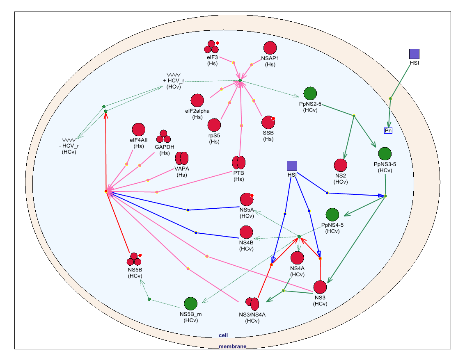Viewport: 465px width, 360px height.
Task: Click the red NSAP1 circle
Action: [x=270, y=48]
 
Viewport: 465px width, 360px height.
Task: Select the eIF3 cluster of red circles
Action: [x=211, y=47]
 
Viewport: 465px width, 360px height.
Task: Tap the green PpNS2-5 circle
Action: [x=310, y=93]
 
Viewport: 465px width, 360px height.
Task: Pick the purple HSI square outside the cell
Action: [x=414, y=54]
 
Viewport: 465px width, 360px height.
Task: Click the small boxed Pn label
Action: [x=388, y=130]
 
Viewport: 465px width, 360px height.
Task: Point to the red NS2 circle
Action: [x=340, y=165]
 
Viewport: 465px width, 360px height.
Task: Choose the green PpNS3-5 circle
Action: [x=385, y=154]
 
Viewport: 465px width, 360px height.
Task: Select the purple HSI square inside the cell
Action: [x=292, y=166]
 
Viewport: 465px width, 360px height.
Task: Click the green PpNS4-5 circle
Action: [x=332, y=214]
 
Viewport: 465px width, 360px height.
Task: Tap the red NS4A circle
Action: [x=297, y=258]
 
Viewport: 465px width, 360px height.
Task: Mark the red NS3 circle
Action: [x=320, y=287]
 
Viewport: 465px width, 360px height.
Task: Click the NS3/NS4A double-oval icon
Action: [x=252, y=304]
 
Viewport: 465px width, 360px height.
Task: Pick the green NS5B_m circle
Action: [x=190, y=304]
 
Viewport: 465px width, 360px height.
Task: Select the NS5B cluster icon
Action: [x=134, y=259]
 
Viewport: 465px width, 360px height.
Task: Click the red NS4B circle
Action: [x=246, y=232]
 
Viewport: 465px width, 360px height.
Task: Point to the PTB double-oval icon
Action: [x=238, y=163]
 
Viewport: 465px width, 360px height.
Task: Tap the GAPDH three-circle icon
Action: [x=164, y=137]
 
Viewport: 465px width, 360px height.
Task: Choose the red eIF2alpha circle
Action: [x=197, y=100]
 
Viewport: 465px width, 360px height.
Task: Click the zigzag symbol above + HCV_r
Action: [x=174, y=75]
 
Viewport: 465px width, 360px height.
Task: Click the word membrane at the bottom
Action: [x=232, y=346]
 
